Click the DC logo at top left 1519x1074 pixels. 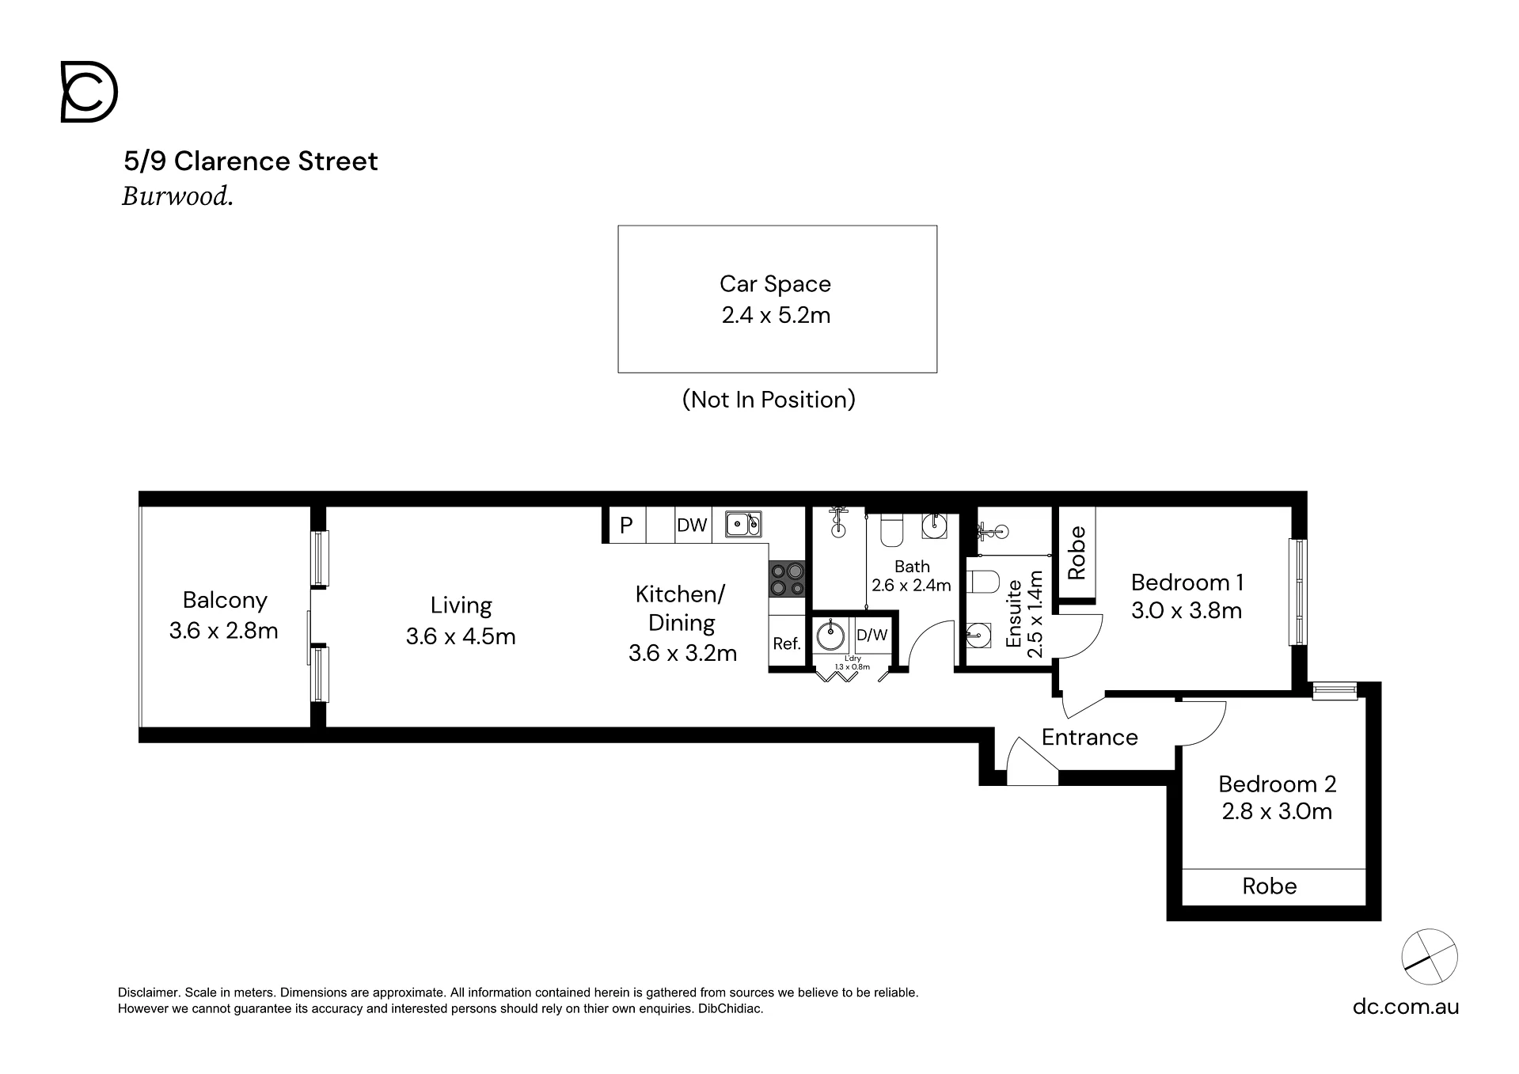[x=89, y=93]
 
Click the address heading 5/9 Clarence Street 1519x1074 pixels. [x=251, y=161]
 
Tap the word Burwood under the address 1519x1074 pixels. [x=177, y=196]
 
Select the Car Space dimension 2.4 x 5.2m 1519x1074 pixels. [x=776, y=315]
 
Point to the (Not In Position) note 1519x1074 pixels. [x=769, y=400]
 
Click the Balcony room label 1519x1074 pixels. [x=225, y=600]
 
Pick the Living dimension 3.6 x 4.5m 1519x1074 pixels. [x=461, y=636]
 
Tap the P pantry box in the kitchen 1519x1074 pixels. [x=626, y=525]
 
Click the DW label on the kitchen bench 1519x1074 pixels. [x=692, y=526]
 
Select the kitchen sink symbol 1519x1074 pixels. [x=743, y=523]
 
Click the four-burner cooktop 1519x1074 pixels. [x=787, y=579]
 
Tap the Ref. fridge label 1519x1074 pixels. [x=787, y=644]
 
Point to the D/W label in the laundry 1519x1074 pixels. [x=872, y=635]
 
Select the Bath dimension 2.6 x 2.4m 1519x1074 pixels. [x=911, y=586]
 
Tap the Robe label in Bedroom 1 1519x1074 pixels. [x=1077, y=552]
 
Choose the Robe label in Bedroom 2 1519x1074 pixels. [x=1270, y=886]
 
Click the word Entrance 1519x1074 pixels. [x=1089, y=738]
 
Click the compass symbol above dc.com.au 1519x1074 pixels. [x=1430, y=957]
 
